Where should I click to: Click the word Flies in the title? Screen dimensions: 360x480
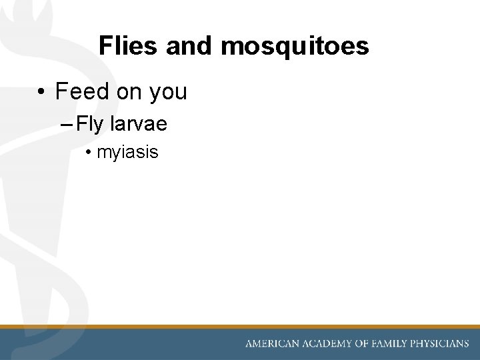[129, 46]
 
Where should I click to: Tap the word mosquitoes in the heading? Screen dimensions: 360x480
[294, 46]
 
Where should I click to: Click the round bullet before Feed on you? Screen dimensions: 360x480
[41, 92]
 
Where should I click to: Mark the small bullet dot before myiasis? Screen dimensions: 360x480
[89, 153]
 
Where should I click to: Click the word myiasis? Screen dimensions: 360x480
[127, 153]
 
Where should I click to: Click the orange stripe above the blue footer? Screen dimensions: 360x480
[240, 327]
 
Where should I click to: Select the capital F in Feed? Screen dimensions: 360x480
[61, 91]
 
